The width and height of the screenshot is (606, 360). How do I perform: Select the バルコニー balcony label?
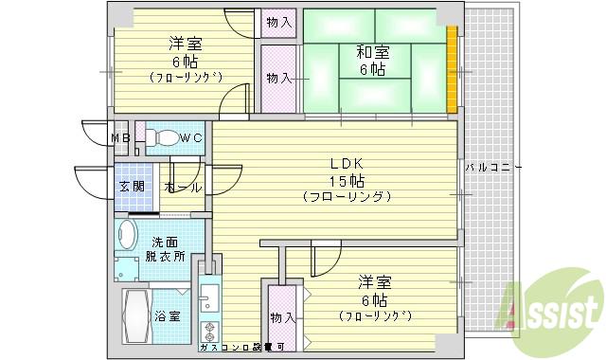[x=493, y=167]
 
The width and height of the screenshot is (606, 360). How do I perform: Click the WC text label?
[x=191, y=138]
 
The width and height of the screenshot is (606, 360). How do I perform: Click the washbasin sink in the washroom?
[x=126, y=233]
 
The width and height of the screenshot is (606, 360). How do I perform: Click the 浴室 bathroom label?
[x=169, y=316]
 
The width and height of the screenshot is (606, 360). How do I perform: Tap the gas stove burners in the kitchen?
[x=208, y=332]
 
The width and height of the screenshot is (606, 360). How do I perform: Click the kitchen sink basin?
[x=208, y=299]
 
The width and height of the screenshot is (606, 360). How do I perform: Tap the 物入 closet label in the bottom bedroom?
[x=281, y=316]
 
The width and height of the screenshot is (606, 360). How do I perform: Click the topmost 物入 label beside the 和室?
[x=277, y=22]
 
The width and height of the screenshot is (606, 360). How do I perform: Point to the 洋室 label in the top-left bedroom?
[x=184, y=44]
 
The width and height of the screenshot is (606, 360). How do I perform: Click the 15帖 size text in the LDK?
[x=344, y=180]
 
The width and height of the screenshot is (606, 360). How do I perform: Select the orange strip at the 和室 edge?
[x=453, y=71]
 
